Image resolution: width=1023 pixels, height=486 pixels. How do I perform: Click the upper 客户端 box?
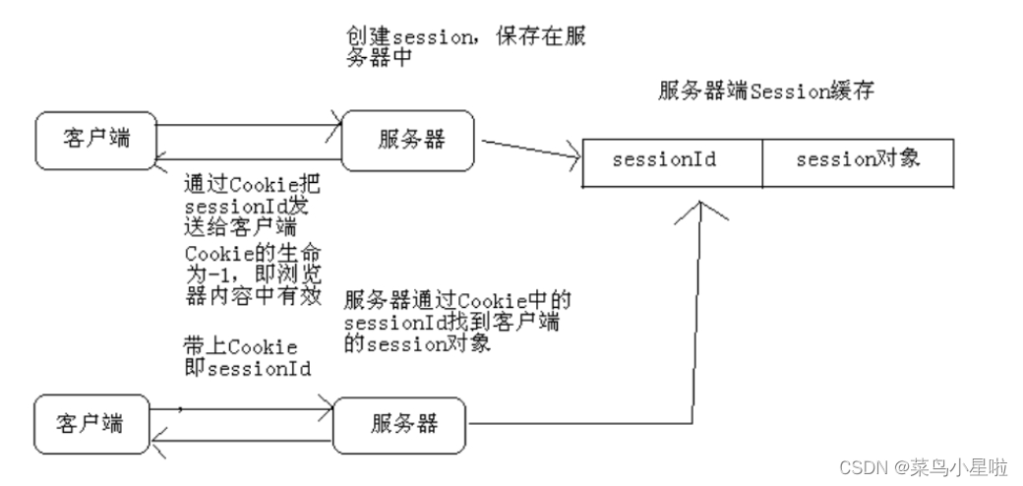tap(95, 139)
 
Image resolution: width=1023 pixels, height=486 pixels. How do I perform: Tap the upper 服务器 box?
tap(407, 139)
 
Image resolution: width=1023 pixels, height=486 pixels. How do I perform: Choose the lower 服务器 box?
tap(403, 424)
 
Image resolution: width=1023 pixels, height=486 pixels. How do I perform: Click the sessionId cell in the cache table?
tap(672, 159)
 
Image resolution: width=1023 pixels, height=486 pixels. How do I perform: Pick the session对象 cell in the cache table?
tap(857, 159)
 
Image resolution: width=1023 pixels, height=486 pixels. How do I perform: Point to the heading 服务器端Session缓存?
tap(767, 91)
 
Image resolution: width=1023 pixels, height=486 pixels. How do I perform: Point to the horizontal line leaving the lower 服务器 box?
tap(571, 424)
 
